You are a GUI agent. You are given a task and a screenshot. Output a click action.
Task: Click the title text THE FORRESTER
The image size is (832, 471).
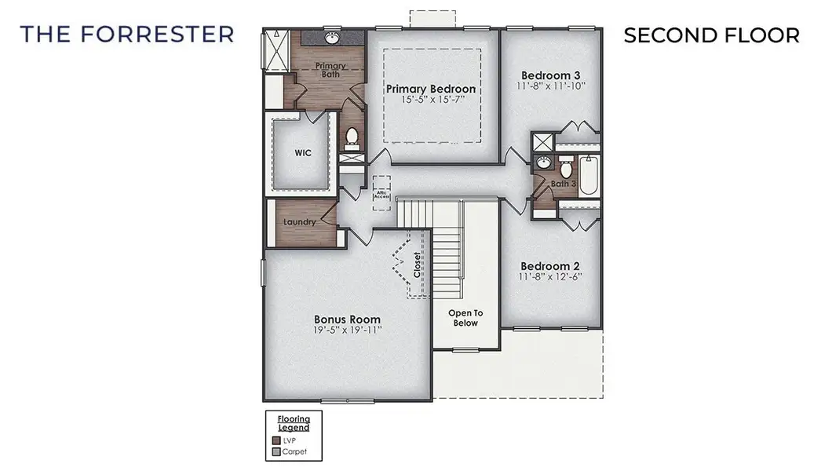click(127, 35)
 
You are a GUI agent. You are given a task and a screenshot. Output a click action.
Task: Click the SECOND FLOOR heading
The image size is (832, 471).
click(711, 35)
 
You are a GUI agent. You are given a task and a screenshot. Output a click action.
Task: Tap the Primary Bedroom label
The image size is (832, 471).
click(431, 89)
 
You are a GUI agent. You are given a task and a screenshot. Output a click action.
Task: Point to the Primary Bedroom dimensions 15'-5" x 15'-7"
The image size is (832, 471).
click(431, 100)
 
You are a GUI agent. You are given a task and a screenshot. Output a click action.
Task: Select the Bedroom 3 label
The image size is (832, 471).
click(552, 75)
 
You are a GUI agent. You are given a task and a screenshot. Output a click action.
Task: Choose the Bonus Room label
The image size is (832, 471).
click(347, 319)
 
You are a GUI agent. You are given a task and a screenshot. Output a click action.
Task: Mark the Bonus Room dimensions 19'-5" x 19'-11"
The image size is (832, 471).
click(347, 330)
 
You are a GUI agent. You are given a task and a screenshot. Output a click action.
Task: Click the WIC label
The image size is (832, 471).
click(303, 153)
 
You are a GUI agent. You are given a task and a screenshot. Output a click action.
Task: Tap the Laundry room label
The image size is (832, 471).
click(299, 222)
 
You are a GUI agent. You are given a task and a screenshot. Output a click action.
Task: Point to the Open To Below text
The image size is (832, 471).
click(465, 318)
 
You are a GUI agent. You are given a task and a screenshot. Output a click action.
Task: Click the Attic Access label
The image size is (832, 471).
click(381, 194)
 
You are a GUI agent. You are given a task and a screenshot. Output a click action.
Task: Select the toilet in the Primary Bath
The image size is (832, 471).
click(352, 139)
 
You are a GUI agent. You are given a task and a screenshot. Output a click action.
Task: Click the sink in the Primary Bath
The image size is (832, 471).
click(333, 38)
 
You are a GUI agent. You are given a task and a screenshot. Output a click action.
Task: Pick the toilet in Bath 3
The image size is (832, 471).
click(565, 169)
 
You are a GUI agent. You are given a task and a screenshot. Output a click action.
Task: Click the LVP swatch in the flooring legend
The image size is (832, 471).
click(276, 440)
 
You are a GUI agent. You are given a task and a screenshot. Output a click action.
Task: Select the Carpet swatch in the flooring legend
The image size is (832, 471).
click(276, 451)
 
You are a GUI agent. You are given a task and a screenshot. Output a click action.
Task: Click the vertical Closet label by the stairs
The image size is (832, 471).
click(416, 265)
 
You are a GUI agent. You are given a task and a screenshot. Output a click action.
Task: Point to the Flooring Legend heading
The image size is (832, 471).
click(294, 423)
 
